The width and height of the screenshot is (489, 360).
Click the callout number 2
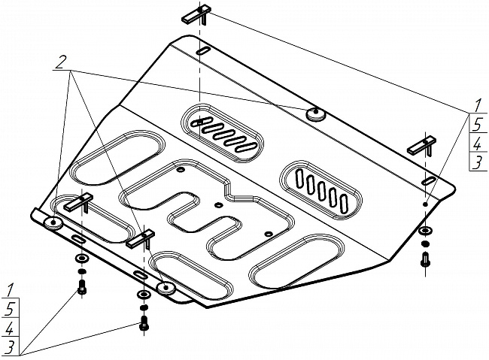(59, 65)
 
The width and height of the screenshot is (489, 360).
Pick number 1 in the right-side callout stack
(477, 105)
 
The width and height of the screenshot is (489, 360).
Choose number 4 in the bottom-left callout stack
(9, 328)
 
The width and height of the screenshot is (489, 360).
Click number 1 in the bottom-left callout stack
(9, 289)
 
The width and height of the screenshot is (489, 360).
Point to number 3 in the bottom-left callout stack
(9, 347)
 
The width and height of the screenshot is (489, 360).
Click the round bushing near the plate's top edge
(315, 114)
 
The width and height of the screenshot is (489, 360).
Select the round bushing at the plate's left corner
(55, 224)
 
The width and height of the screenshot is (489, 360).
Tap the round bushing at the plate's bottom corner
(167, 286)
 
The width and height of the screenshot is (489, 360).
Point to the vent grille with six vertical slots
(321, 186)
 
